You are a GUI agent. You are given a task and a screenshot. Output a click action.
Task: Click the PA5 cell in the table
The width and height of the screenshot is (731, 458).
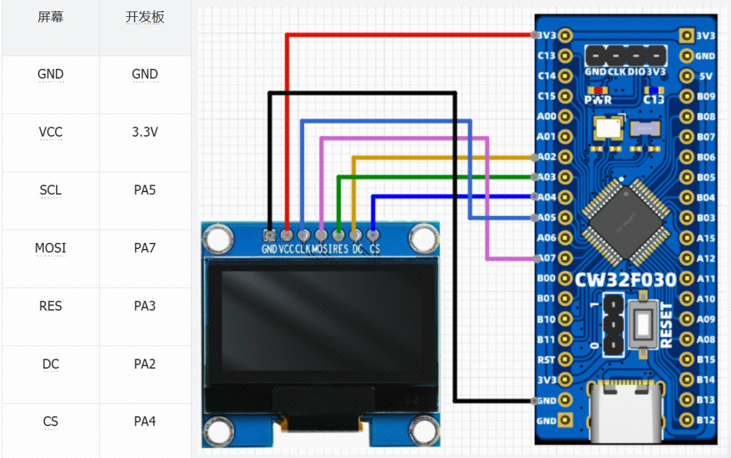coord(144,190)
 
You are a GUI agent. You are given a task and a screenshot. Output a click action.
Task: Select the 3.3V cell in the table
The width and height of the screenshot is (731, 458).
coord(144,132)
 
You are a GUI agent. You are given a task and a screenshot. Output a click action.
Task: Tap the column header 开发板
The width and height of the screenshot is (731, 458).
coord(144,18)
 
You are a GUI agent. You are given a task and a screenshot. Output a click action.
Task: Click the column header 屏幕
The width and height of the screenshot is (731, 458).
coord(51,18)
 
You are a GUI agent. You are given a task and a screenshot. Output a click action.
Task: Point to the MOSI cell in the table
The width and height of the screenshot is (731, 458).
coord(51,248)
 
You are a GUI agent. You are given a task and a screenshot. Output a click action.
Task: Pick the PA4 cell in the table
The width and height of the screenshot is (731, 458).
coord(144,421)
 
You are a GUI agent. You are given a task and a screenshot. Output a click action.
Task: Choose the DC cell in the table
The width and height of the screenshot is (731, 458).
coord(51,364)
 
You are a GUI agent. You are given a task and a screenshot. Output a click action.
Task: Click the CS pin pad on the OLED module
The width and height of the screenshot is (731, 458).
coord(373,235)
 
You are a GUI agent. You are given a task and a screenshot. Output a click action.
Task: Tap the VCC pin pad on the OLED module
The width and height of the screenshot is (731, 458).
coord(287,235)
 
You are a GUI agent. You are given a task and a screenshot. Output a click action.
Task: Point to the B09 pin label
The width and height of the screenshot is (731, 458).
coord(706,96)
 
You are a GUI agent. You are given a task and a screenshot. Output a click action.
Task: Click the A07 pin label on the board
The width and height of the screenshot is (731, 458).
coord(546,258)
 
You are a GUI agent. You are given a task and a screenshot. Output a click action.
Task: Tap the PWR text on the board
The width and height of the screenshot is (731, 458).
coord(598,100)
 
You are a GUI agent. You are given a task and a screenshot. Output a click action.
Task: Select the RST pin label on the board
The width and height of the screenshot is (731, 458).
coord(546,360)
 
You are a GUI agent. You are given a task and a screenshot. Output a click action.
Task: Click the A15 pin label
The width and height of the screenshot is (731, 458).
coord(706,238)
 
